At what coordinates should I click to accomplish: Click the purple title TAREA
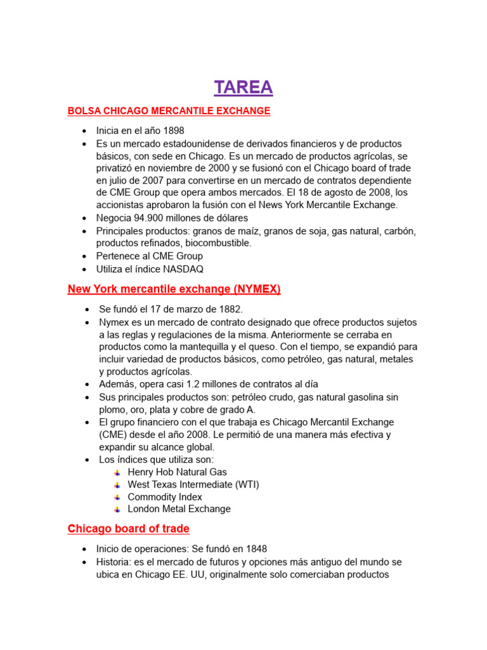243,87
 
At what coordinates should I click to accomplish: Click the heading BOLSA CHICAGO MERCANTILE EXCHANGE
169,111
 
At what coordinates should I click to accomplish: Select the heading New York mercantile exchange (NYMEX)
174,289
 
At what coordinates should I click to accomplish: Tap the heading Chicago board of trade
128,529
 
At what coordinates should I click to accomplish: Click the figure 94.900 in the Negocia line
154,218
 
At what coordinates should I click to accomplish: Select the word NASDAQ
183,269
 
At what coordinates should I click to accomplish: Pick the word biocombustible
218,242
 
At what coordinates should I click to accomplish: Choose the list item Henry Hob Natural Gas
177,472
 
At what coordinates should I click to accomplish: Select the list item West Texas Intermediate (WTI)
193,484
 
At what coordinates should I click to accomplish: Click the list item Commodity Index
165,497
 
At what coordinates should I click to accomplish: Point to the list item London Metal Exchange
179,509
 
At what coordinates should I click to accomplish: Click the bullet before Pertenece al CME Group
84,256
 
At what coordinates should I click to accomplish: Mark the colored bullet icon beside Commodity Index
117,497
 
